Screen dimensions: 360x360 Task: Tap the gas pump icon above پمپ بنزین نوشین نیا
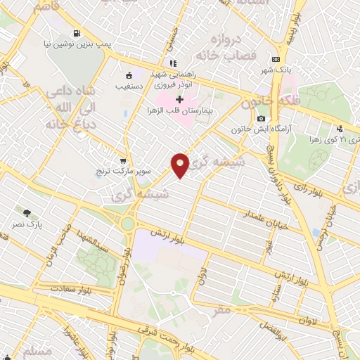[76, 32]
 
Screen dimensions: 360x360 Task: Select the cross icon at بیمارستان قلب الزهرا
[179, 101]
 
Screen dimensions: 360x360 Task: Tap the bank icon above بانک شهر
[276, 59]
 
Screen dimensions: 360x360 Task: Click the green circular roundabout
[127, 224]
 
